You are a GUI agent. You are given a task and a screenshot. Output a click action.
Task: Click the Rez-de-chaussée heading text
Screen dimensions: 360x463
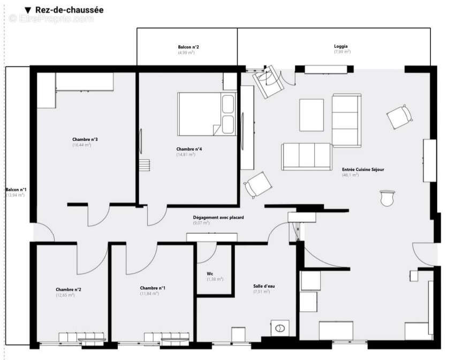(69, 10)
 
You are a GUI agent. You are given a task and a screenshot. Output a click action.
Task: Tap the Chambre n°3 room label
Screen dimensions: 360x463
(85, 139)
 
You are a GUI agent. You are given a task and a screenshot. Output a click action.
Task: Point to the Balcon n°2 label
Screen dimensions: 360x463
(188, 47)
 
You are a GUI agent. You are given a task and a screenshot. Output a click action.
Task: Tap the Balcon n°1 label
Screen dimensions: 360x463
(15, 190)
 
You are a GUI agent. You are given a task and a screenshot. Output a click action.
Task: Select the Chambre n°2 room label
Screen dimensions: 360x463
(69, 289)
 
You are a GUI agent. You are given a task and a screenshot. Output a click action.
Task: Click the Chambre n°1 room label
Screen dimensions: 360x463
(153, 288)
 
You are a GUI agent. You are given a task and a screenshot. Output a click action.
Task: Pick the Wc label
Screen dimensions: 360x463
(210, 274)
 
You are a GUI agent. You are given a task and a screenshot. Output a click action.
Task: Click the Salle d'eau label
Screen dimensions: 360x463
(264, 286)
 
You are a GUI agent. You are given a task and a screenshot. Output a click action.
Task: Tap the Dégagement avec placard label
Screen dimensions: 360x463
(218, 217)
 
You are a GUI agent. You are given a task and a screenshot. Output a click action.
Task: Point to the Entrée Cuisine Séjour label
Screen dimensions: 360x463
(363, 169)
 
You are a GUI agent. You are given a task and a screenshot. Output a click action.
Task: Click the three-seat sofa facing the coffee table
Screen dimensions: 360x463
(306, 156)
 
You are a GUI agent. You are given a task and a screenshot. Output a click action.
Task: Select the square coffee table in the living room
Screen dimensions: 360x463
(311, 115)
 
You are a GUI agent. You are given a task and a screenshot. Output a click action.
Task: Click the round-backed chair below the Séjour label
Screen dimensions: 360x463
(386, 198)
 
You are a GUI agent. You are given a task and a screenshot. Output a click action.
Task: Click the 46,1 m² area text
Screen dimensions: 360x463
(351, 175)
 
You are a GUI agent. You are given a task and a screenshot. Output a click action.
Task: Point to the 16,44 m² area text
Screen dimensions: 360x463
(82, 145)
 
